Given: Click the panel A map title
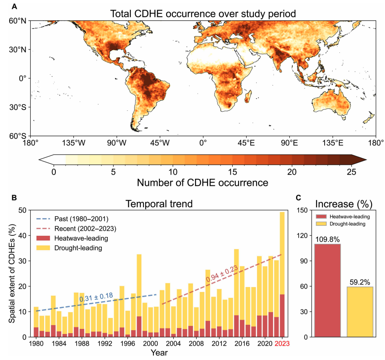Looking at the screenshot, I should [203, 13].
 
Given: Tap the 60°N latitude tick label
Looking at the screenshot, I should [18, 21].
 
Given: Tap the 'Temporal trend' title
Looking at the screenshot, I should [159, 204].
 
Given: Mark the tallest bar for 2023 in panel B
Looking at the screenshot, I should [282, 273].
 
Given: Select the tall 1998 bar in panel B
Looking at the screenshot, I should [139, 294].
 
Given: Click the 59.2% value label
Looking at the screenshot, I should [359, 282].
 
